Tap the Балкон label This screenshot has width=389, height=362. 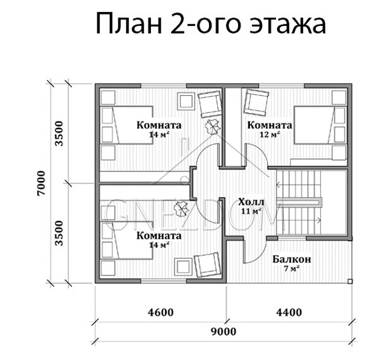[292, 259]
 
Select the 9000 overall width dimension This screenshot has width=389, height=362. [223, 331]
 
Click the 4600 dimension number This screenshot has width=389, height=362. [161, 312]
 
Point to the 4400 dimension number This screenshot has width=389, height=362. [289, 312]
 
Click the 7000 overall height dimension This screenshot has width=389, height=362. [42, 183]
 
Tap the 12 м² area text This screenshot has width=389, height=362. [270, 135]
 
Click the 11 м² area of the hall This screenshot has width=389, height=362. [251, 211]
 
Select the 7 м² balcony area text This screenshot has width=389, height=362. [291, 268]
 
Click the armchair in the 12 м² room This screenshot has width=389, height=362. [257, 102]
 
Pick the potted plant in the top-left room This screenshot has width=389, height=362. [212, 126]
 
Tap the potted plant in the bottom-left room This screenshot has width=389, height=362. [181, 208]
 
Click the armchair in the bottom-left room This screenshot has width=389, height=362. [207, 265]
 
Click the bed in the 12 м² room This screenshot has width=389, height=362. [320, 125]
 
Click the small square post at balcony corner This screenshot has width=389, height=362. [350, 281]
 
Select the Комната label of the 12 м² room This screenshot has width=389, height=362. [270, 125]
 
